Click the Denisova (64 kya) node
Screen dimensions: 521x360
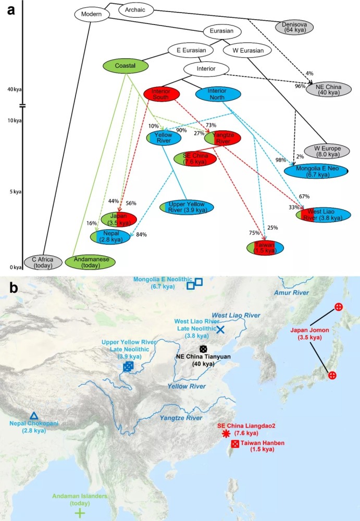coord(295,28)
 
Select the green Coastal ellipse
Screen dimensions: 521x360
coord(125,66)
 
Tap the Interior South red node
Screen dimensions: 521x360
coord(162,94)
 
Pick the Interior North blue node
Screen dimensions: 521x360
coord(218,94)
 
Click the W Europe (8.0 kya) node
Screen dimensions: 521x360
coord(327,151)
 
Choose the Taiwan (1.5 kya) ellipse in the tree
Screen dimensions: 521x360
coord(266,247)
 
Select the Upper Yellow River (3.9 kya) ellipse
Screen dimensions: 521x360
coord(187,206)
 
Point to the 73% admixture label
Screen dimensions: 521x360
coord(211,125)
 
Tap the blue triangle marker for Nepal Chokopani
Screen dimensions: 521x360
coord(34,416)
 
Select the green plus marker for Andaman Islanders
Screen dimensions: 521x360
coord(79,513)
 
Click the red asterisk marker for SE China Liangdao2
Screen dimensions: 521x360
coord(225,433)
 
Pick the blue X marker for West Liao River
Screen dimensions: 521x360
coord(220,330)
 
